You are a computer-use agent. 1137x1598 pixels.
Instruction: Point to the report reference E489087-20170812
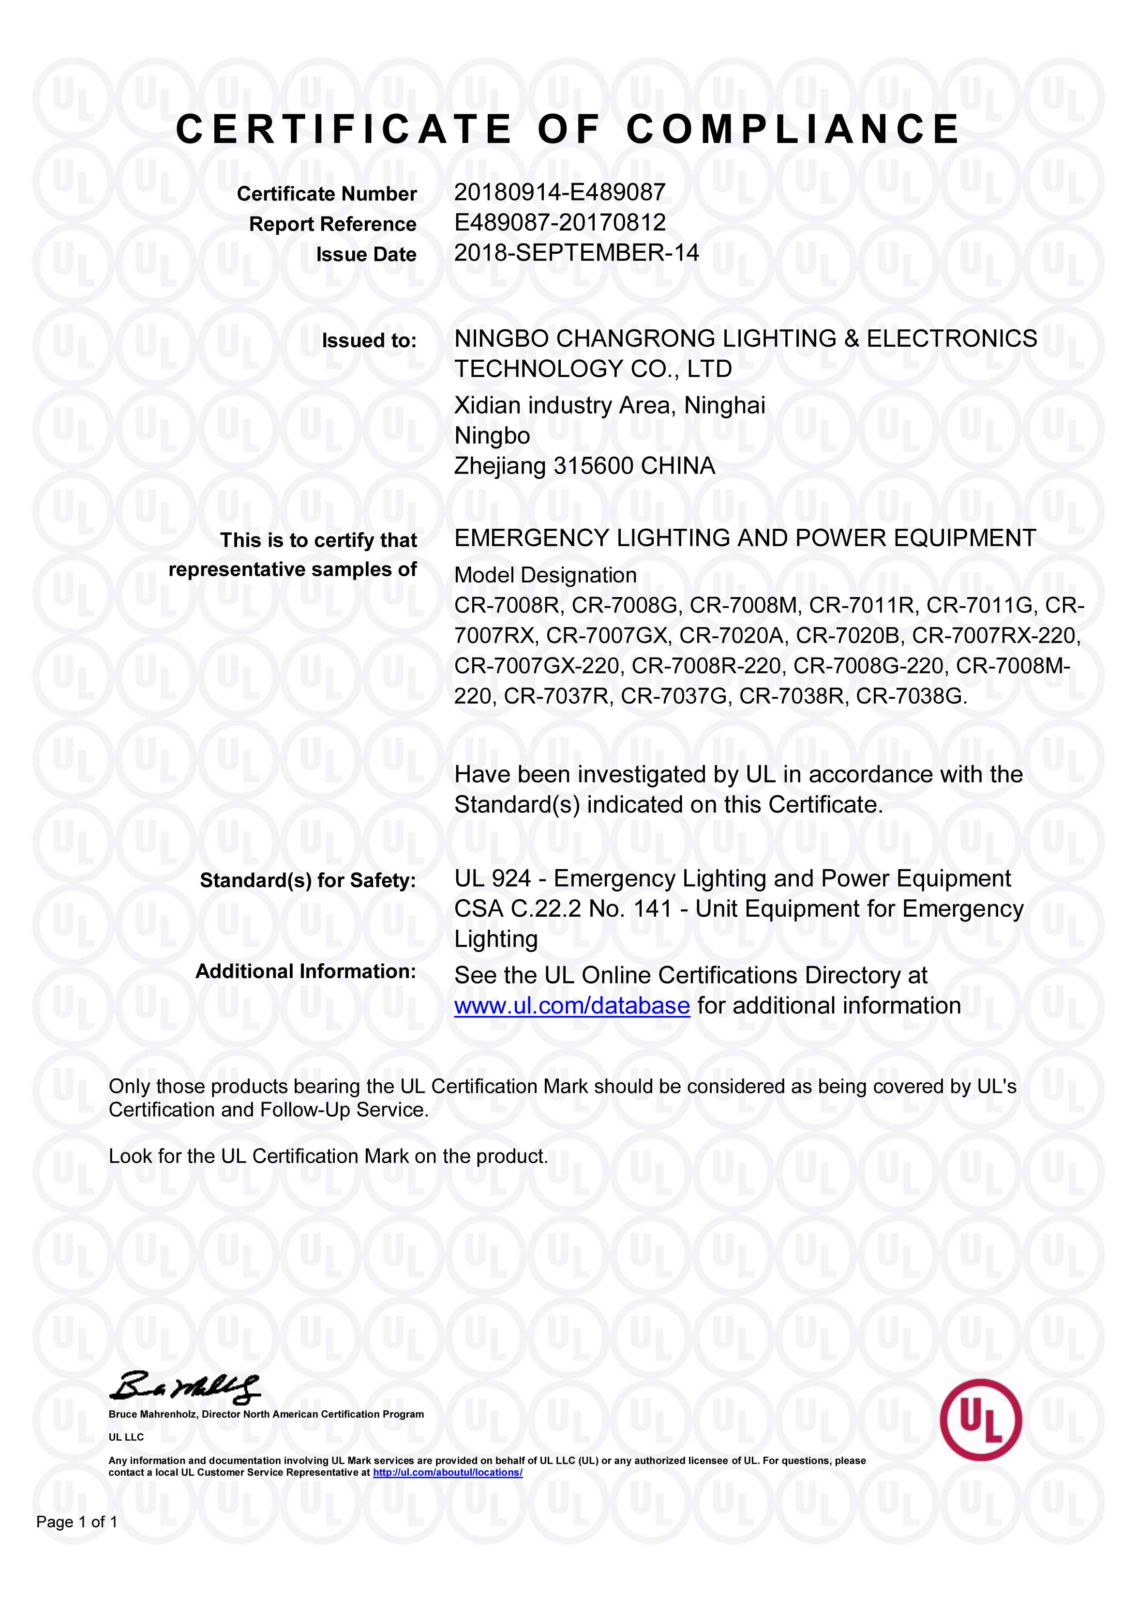pyautogui.click(x=559, y=223)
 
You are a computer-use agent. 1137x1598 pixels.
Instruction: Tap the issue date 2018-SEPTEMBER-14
pyautogui.click(x=576, y=253)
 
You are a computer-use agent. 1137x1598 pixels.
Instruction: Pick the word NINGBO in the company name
pyautogui.click(x=501, y=339)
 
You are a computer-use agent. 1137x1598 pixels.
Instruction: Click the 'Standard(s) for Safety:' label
pyautogui.click(x=308, y=881)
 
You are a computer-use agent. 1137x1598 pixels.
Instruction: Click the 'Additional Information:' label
pyautogui.click(x=305, y=972)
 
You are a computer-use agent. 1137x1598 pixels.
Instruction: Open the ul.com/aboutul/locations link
pyautogui.click(x=448, y=1473)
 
